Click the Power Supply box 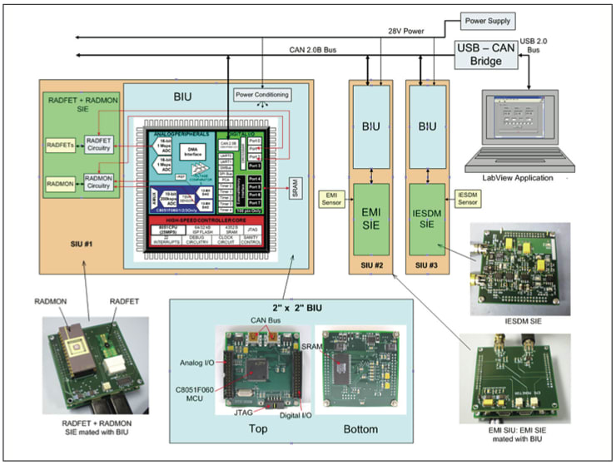click(488, 20)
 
